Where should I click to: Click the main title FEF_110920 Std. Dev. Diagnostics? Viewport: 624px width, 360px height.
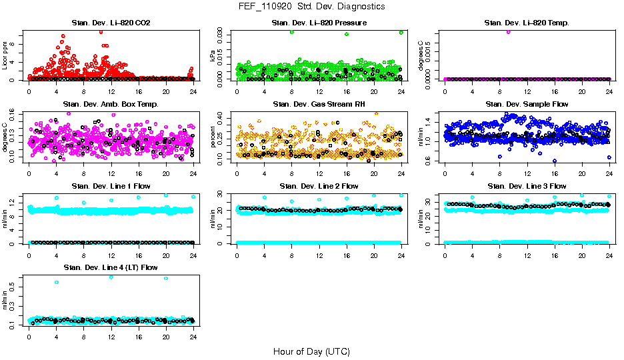tap(311, 7)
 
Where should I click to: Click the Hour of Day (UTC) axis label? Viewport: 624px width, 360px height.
tap(311, 351)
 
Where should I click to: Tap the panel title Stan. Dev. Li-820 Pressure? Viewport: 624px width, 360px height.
tap(319, 23)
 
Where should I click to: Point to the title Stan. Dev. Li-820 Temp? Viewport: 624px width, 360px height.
tap(527, 23)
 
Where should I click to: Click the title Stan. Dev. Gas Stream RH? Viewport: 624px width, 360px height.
tap(319, 105)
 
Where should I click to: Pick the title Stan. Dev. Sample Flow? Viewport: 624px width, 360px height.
tap(527, 105)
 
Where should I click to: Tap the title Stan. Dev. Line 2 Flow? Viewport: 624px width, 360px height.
tap(319, 186)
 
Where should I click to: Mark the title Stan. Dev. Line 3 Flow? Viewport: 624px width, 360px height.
tap(527, 186)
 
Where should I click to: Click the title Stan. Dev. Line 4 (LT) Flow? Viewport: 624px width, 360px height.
tap(111, 267)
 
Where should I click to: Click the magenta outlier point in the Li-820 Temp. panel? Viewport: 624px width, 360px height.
tap(508, 31)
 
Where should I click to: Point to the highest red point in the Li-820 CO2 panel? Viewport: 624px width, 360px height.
tap(101, 31)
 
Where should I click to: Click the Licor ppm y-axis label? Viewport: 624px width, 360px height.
tap(5, 56)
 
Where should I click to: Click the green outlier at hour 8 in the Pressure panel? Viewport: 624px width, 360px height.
tap(291, 32)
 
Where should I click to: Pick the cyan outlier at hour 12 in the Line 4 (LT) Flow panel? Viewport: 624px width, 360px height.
tap(111, 277)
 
